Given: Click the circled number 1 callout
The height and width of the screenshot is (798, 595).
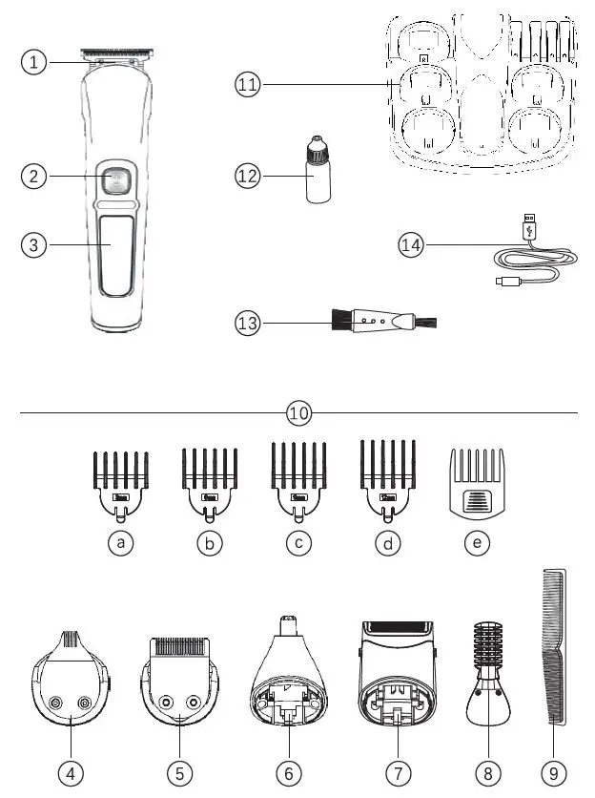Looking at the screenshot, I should click(x=34, y=62).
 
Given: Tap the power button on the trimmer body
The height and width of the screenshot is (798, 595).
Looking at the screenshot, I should click(x=114, y=179).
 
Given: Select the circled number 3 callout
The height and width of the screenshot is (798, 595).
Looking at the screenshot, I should click(x=34, y=244).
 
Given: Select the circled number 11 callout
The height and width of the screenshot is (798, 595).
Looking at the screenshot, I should click(x=248, y=85).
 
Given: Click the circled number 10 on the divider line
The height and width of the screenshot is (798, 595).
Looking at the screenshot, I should click(x=299, y=413).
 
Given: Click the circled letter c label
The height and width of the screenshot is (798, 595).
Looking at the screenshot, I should click(x=299, y=543).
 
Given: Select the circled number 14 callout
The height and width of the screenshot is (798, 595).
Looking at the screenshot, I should click(x=410, y=245).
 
